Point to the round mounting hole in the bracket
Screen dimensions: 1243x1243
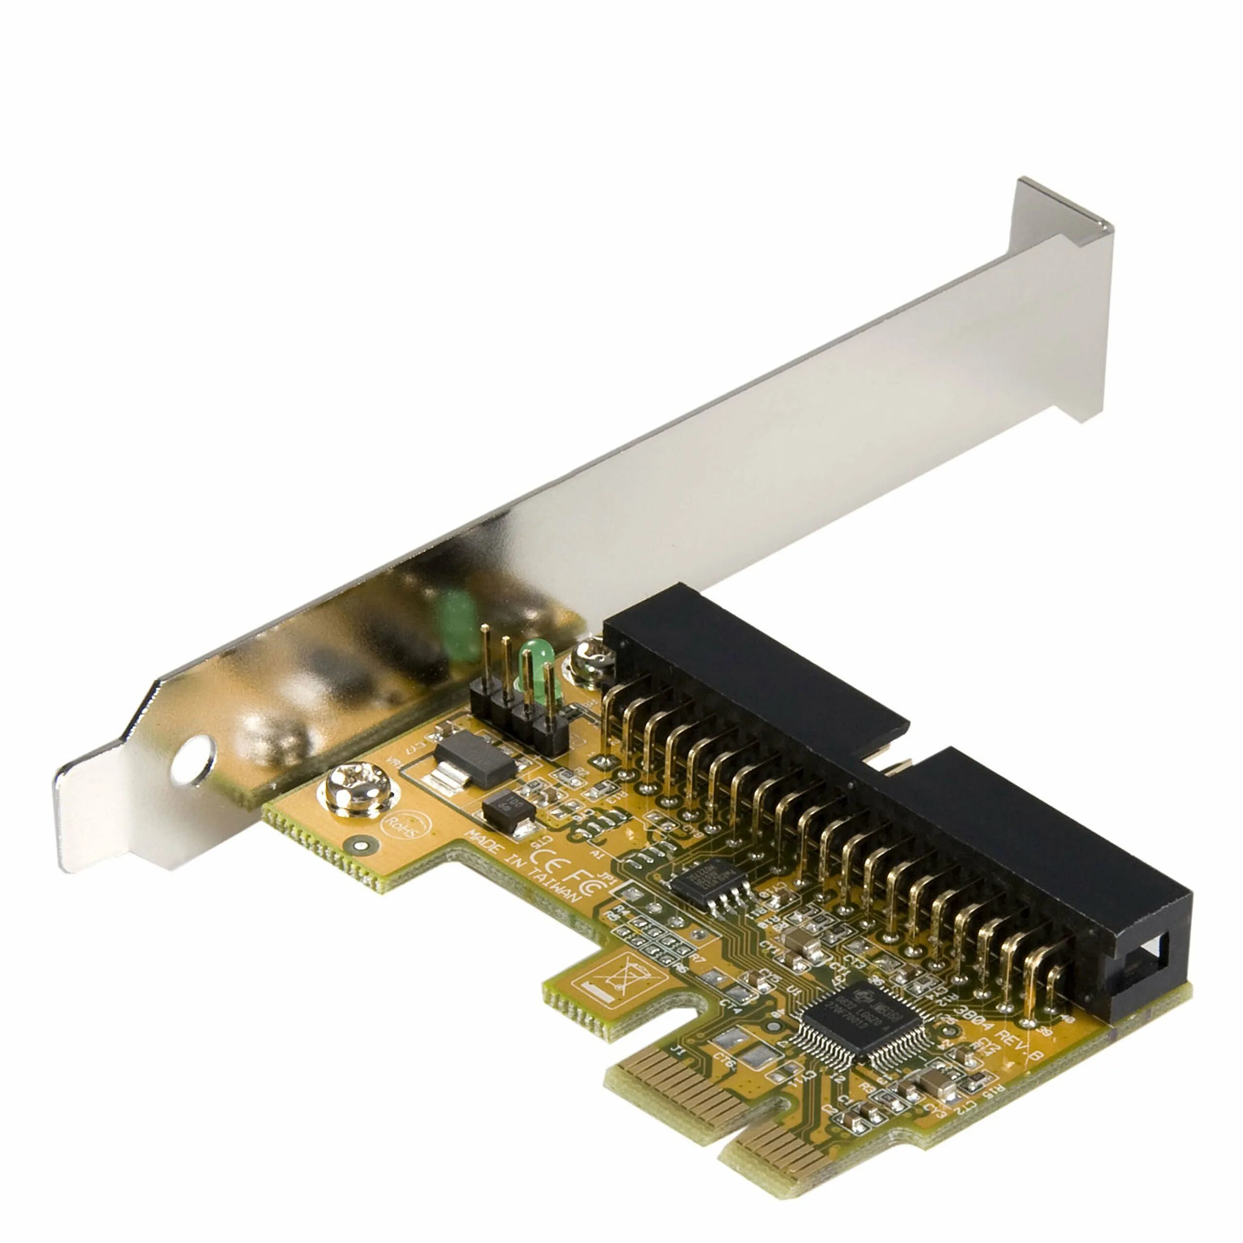[194, 760]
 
